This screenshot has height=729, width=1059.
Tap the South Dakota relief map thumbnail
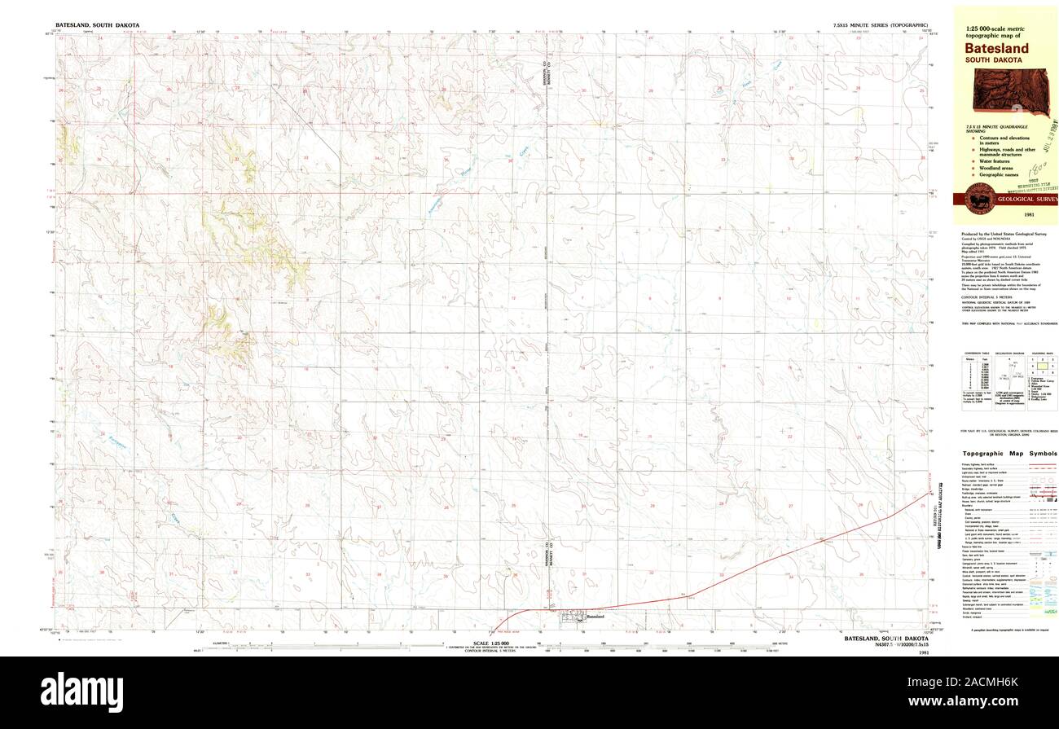click(x=1009, y=90)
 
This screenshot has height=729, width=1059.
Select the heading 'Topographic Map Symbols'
click(x=1009, y=453)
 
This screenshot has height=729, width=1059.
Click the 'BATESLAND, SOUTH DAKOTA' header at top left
click(x=97, y=25)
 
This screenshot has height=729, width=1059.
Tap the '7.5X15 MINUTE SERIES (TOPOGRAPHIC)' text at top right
click(x=880, y=25)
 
